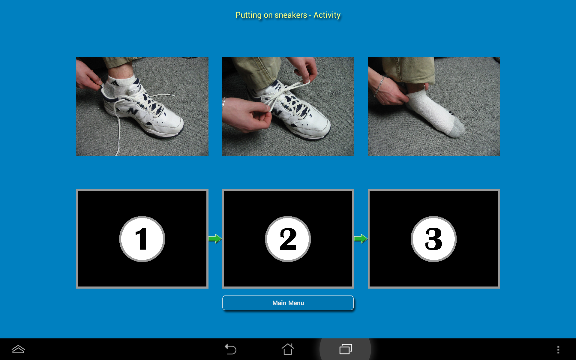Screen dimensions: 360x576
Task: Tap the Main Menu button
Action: pos(288,303)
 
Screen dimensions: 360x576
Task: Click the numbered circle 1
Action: pos(142,239)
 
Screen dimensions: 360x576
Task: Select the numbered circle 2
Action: pos(288,239)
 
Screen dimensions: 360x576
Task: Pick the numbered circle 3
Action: pos(433,239)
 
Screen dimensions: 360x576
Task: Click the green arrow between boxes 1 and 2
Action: pos(215,239)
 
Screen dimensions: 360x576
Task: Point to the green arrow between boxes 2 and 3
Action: pos(361,239)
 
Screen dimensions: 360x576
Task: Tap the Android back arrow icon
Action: pos(230,349)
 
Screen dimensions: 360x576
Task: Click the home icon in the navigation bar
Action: pos(288,349)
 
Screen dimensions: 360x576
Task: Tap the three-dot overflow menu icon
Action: pos(558,349)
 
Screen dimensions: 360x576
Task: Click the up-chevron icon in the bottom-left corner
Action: pos(18,349)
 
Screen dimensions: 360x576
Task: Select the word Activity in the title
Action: pos(327,15)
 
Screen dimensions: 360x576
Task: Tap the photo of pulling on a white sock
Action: pos(434,106)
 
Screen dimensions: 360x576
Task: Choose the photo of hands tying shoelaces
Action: pos(288,106)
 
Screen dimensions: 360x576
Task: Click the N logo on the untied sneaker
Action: pos(132,111)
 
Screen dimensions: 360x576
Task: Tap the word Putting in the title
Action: pos(248,15)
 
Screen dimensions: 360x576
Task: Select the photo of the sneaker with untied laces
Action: pos(142,106)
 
